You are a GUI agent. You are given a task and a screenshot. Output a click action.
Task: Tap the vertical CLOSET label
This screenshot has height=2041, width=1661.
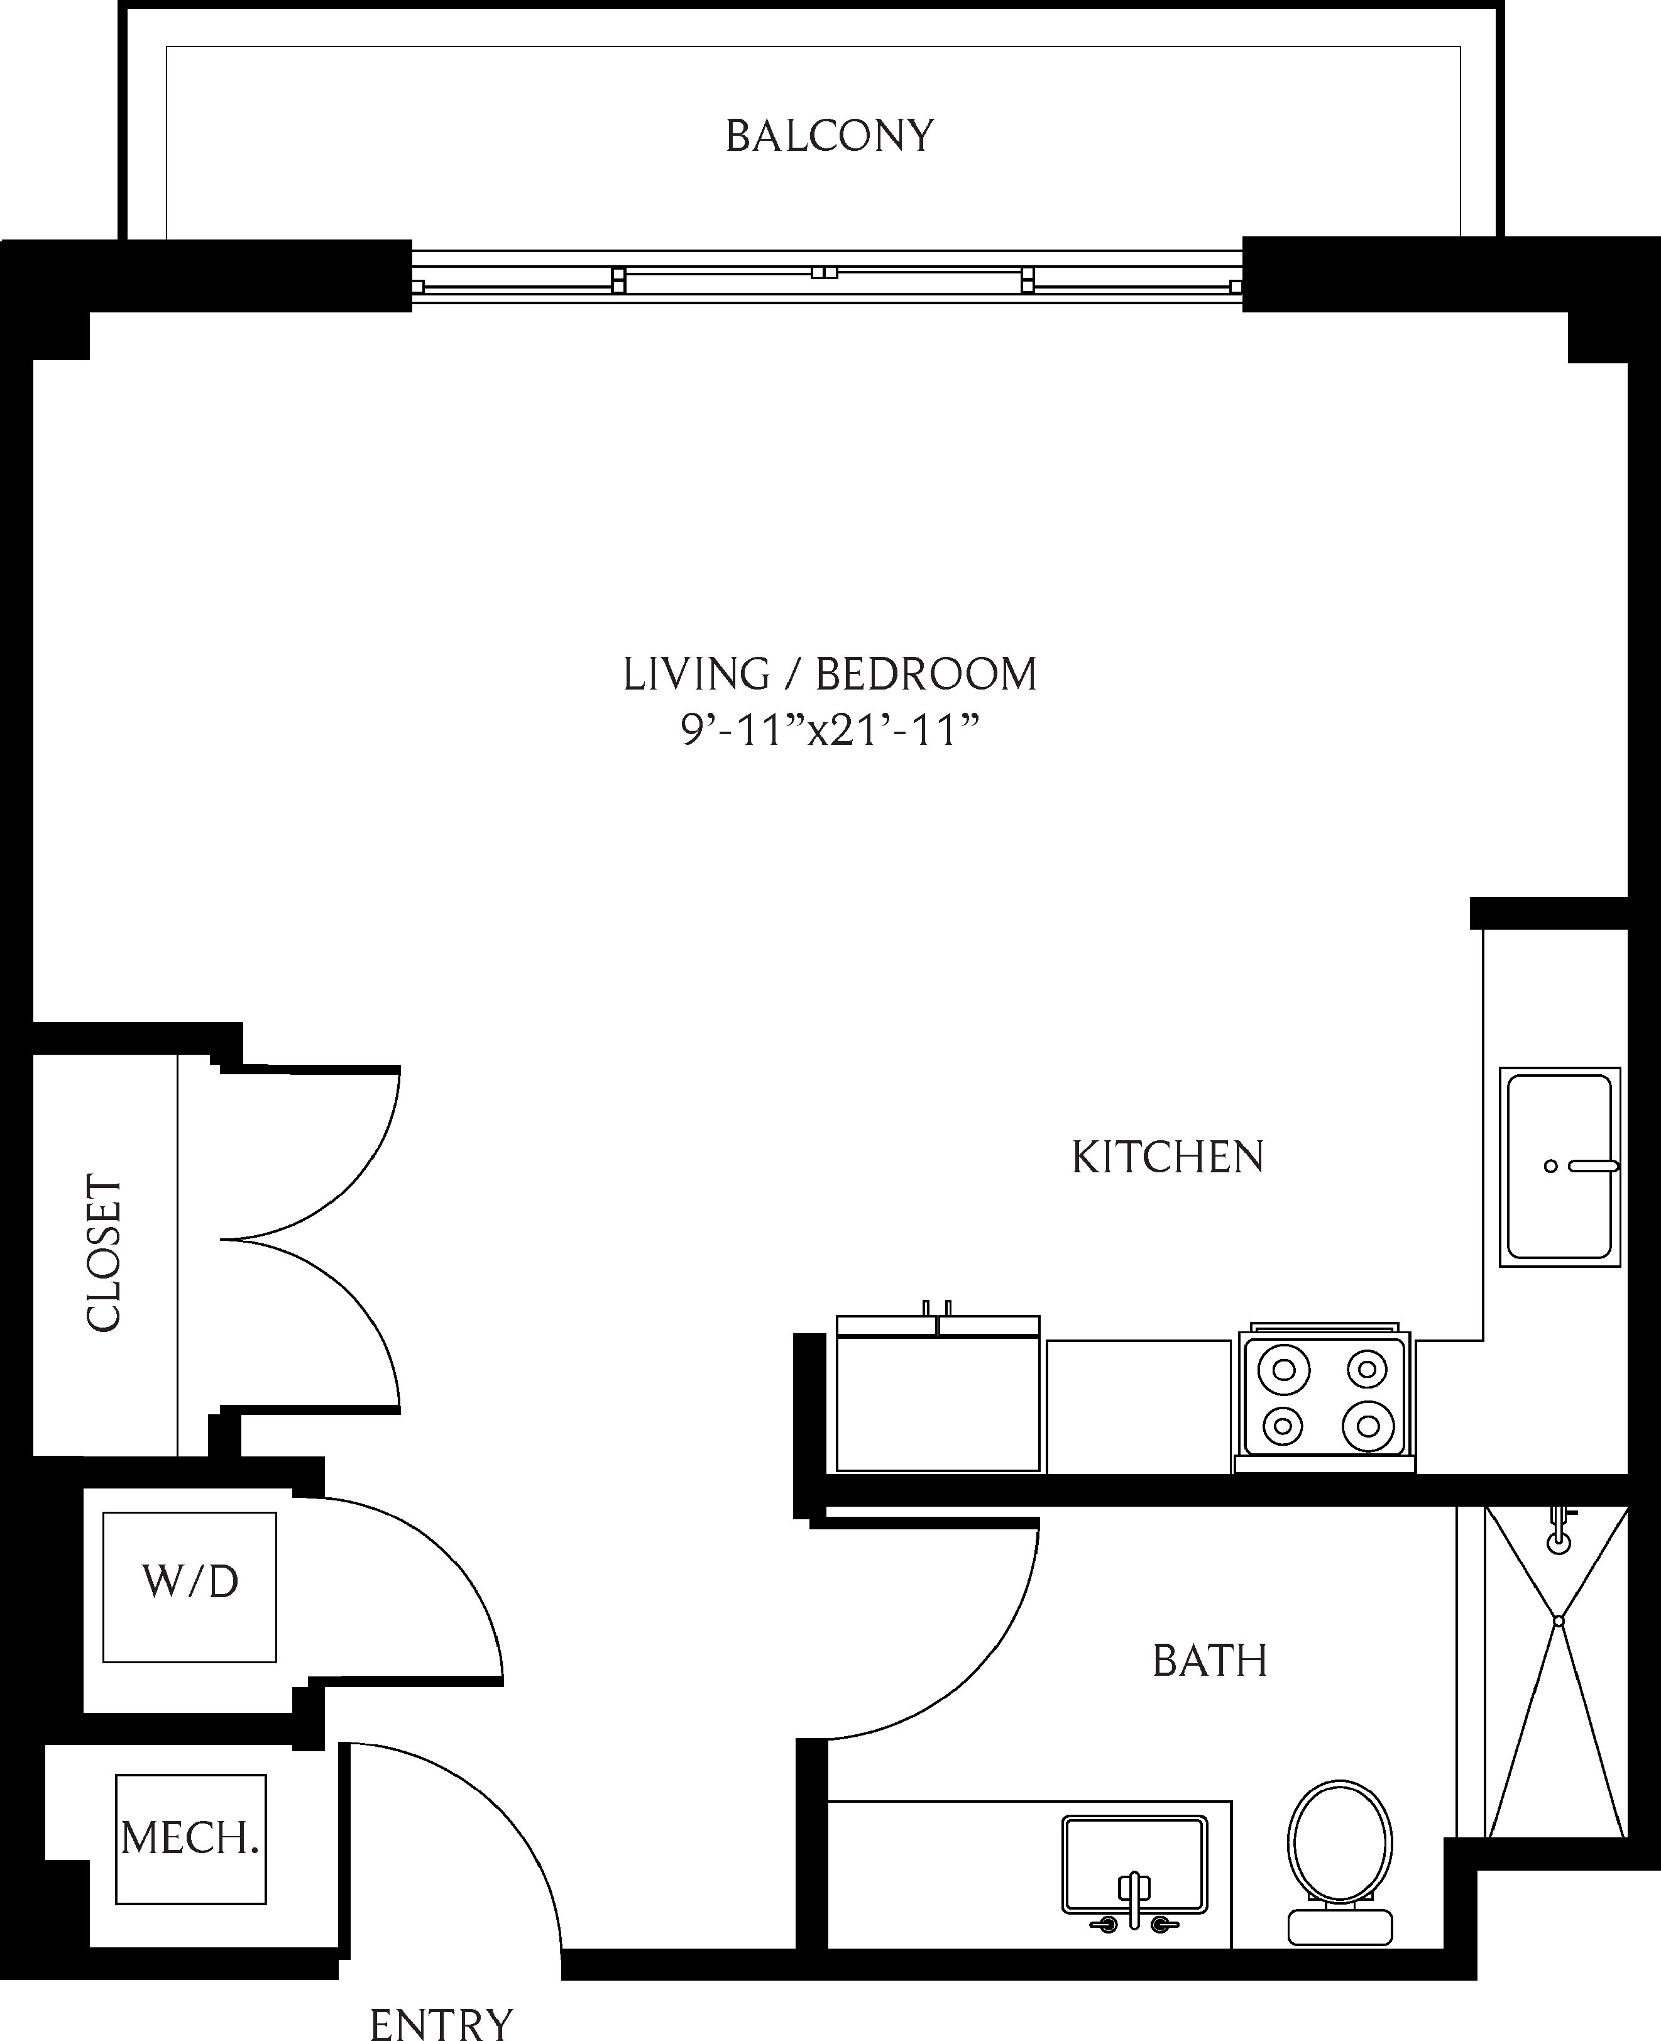(103, 1253)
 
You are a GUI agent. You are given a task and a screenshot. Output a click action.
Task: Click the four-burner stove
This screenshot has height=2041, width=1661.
(1324, 1398)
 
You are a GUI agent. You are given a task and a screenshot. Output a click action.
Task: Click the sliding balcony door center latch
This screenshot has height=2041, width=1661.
(823, 273)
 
